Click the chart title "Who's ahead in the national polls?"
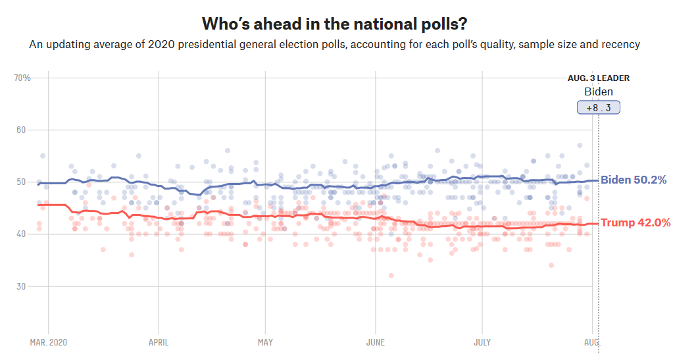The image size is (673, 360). [336, 24]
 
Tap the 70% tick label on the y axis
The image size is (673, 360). [22, 78]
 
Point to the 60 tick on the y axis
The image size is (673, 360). [20, 130]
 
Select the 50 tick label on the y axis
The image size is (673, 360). [20, 182]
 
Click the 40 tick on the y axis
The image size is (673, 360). [20, 234]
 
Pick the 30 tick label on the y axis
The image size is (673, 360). [20, 286]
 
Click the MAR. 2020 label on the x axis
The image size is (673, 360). [48, 342]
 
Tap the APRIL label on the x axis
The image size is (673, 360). [158, 342]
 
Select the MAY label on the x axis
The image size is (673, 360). [265, 342]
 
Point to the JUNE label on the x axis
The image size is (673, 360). [374, 342]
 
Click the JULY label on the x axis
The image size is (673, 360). [482, 342]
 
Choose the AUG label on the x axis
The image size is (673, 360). [591, 342]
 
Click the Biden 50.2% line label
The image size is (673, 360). [634, 180]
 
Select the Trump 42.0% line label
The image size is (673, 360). [636, 223]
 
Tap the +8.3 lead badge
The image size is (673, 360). [598, 107]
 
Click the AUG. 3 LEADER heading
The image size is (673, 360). [598, 78]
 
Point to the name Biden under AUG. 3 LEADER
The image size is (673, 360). [598, 91]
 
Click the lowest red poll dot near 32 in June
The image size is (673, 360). [391, 276]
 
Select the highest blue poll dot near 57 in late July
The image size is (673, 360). [580, 145]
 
